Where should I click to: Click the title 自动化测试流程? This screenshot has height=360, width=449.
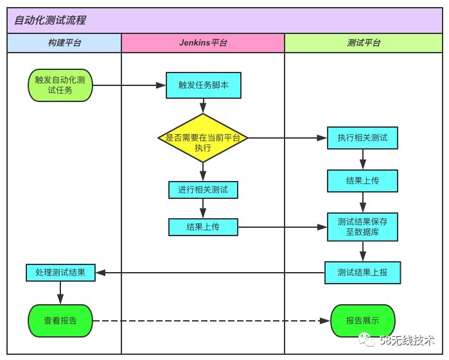point(50,21)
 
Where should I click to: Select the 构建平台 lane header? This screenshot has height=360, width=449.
point(64,43)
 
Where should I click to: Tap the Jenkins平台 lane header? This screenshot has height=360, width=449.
point(203,43)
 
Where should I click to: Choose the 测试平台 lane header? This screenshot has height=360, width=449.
point(363,43)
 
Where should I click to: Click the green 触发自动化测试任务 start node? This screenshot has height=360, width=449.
point(60,85)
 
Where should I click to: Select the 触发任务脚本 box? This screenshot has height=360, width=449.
point(203,85)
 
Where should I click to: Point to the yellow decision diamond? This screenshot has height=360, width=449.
point(203,137)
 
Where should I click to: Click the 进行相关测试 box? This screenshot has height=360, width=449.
point(203,190)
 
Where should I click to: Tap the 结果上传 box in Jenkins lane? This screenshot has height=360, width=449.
point(203,227)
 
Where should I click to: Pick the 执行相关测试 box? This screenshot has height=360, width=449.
point(362,137)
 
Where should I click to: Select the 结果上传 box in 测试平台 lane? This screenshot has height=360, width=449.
point(362,180)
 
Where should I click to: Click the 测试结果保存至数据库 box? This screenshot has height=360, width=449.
point(362,227)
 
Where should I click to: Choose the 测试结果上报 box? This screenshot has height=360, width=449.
point(362,273)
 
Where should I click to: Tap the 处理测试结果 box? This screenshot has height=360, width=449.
point(60,273)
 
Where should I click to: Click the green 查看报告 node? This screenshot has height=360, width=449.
point(60,320)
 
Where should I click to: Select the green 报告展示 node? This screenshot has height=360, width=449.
point(362,320)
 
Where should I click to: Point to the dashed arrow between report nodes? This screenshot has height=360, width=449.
point(212,320)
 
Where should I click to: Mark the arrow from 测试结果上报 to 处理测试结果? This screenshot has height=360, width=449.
point(212,273)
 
